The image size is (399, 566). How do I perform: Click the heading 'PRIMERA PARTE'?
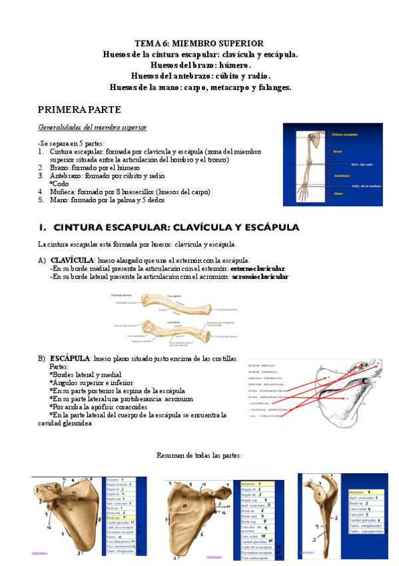coord(79,109)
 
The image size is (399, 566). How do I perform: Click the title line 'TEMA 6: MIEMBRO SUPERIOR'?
coord(200,43)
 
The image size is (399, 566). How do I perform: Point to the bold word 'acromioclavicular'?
coord(260,276)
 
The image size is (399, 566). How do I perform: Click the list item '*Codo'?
coord(59,184)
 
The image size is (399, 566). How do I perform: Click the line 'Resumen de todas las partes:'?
coord(199,455)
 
